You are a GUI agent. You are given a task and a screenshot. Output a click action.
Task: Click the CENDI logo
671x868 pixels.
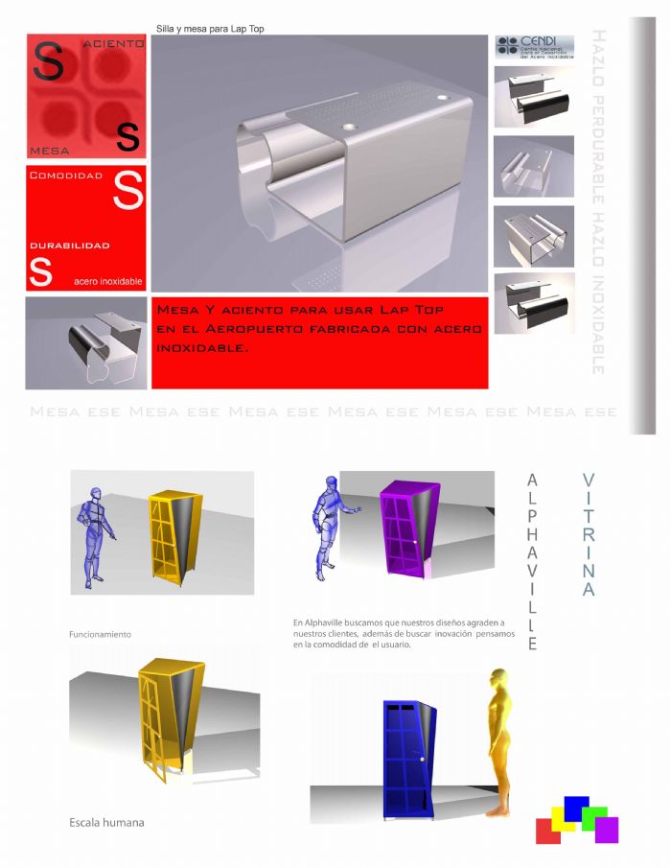pyautogui.click(x=534, y=47)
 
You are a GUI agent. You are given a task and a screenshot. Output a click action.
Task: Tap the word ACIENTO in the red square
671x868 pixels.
pyautogui.click(x=114, y=44)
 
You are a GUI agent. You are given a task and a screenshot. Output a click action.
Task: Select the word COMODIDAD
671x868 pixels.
pyautogui.click(x=66, y=176)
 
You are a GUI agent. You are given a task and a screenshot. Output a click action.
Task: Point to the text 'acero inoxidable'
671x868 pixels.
pyautogui.click(x=108, y=281)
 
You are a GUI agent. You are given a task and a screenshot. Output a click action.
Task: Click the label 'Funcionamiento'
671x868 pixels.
pyautogui.click(x=100, y=635)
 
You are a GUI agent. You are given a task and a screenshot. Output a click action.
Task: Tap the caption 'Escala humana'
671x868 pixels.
pyautogui.click(x=106, y=822)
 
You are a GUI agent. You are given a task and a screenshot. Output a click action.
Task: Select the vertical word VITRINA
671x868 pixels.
pyautogui.click(x=589, y=534)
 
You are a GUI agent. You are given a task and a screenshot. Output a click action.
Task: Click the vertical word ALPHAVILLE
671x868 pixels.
pyautogui.click(x=533, y=561)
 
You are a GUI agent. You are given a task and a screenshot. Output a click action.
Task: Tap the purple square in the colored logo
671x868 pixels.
pyautogui.click(x=607, y=830)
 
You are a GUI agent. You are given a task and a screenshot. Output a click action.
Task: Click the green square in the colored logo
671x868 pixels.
pyautogui.click(x=594, y=816)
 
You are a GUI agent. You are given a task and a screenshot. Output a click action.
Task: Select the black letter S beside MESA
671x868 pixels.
pyautogui.click(x=127, y=137)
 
